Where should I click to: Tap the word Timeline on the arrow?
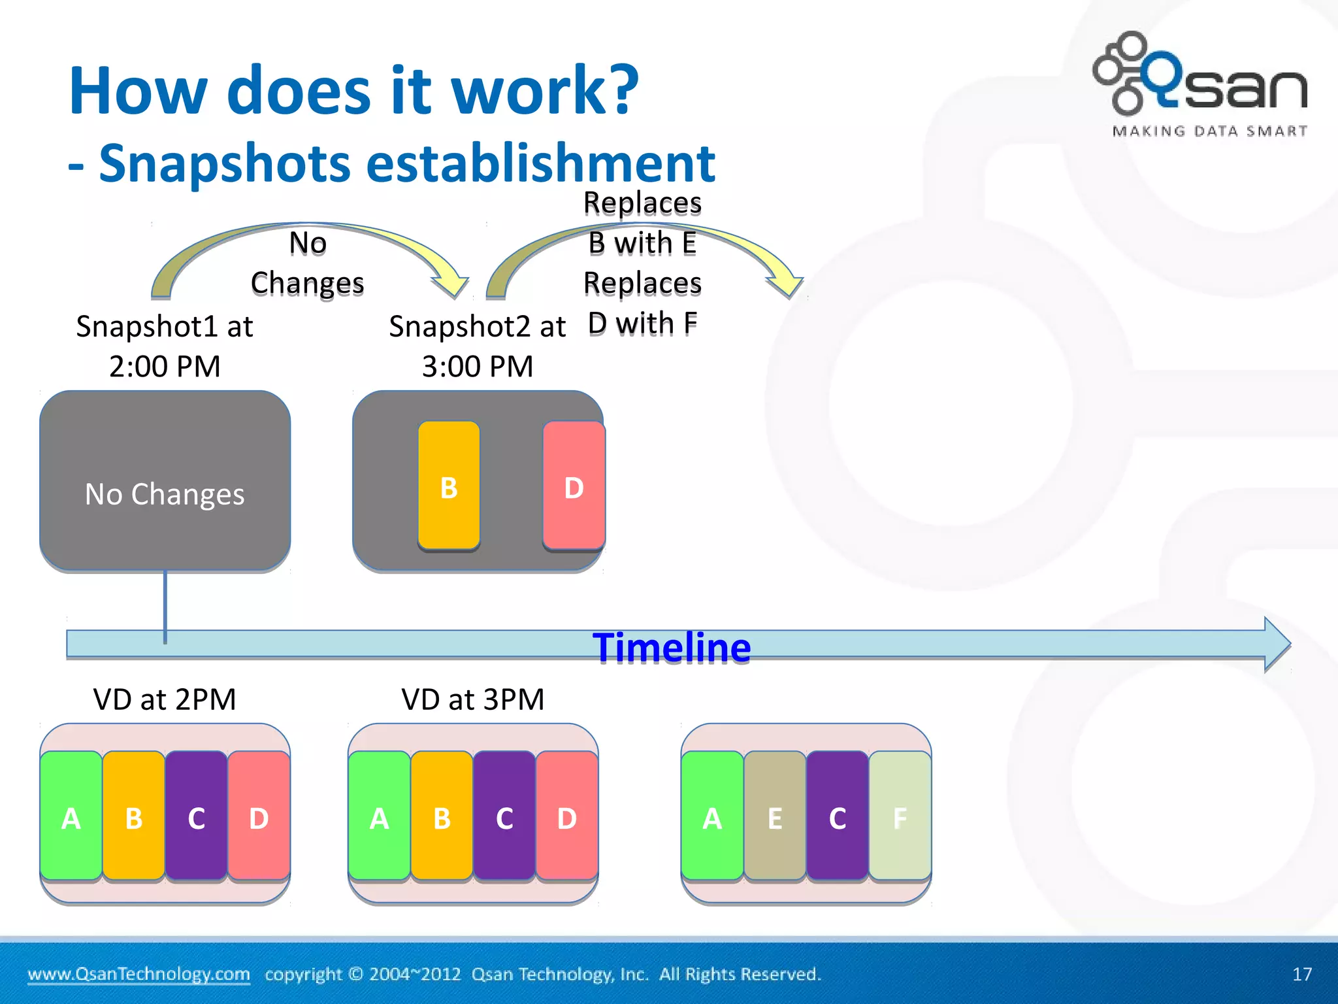[672, 648]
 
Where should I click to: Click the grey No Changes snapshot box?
[165, 482]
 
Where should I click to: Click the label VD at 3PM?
[472, 699]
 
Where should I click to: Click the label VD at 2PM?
[165, 699]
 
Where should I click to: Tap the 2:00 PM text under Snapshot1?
[165, 367]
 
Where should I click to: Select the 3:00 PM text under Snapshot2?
[478, 367]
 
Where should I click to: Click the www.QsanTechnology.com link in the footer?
[139, 974]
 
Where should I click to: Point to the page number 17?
[1301, 975]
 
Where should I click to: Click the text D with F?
[642, 324]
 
